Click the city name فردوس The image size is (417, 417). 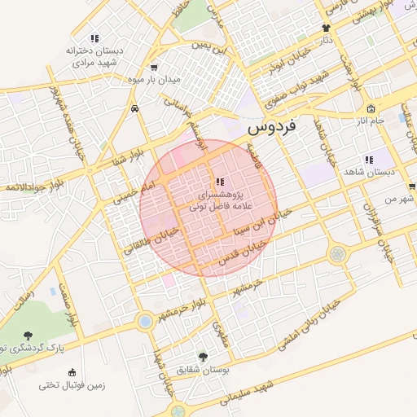pos(274,128)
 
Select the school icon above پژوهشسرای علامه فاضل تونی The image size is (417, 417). pos(219,181)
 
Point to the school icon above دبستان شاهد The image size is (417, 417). pos(368,160)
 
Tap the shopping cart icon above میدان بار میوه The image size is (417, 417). pos(155,68)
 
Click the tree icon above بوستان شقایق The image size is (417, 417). pos(203,356)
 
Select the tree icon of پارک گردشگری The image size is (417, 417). pos(29,336)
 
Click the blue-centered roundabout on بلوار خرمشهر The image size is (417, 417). pos(145,322)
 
